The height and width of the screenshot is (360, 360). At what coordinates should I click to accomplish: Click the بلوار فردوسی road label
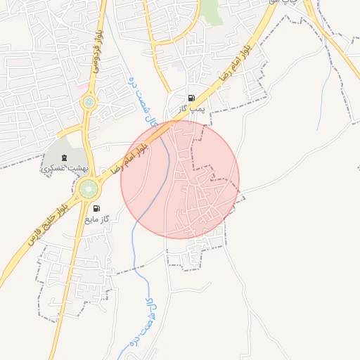coord(97,51)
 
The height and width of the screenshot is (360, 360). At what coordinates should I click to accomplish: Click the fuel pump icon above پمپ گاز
coord(191,98)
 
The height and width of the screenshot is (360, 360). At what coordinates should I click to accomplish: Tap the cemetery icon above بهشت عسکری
coord(65,157)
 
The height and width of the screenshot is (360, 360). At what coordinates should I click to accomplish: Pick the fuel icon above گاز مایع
coord(96,208)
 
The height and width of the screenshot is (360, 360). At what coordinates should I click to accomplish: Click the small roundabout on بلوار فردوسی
coord(89,103)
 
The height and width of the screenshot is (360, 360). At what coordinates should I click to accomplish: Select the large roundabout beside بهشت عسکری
coord(89,188)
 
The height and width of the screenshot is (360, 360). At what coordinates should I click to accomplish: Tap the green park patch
coord(210,11)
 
